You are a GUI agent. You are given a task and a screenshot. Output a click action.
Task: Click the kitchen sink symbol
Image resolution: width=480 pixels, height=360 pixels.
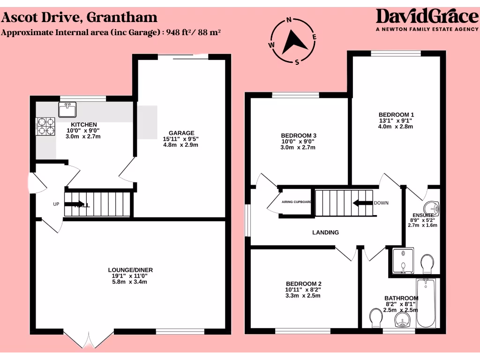(x=67, y=110)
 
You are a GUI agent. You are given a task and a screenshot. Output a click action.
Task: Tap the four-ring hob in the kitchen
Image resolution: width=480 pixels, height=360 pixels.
(x=45, y=125)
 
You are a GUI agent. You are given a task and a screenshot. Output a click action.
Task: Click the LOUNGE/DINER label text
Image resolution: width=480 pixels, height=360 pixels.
(x=130, y=270)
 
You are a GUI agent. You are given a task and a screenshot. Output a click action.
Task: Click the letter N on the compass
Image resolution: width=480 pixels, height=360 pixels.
(x=289, y=20)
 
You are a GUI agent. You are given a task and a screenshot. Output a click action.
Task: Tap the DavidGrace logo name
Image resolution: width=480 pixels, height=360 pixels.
(x=427, y=17)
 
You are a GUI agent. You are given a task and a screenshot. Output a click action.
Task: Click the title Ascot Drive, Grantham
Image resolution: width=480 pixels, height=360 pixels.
(x=79, y=18)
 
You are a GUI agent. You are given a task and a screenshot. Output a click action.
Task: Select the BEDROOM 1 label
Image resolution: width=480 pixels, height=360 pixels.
(x=396, y=114)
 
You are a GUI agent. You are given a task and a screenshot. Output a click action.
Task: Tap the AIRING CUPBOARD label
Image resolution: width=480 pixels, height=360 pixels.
(x=296, y=202)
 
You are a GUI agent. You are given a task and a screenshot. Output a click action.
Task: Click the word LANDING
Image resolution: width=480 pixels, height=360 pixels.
(x=325, y=232)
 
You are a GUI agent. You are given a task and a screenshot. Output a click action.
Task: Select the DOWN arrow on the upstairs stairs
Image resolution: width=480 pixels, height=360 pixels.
(x=362, y=203)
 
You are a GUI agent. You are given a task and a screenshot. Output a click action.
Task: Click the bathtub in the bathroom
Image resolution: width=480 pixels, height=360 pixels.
(x=426, y=303)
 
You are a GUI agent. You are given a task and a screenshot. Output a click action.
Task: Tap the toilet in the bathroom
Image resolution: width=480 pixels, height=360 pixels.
(x=376, y=318)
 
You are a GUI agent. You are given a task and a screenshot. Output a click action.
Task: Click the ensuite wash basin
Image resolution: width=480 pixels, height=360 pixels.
(x=431, y=207)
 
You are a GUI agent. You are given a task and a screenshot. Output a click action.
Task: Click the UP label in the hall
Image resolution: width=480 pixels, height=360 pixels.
(x=56, y=204)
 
